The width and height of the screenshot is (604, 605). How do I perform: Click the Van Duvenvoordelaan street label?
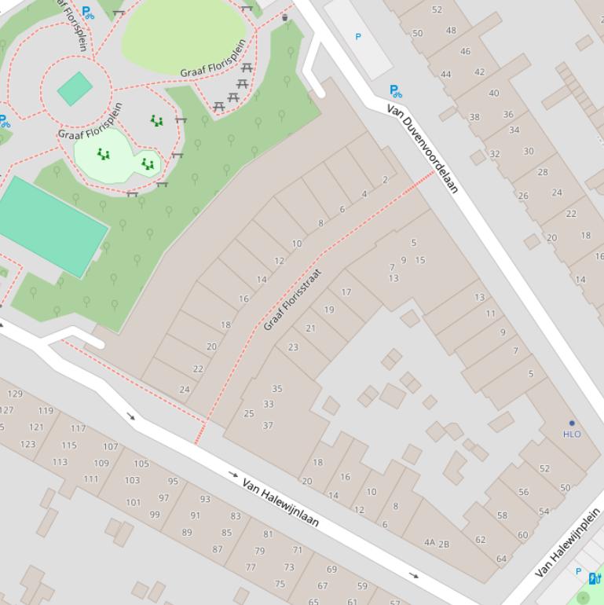pyautogui.click(x=423, y=149)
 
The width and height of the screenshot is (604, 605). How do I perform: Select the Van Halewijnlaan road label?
pyautogui.click(x=280, y=502)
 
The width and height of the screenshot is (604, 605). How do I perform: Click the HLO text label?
pyautogui.click(x=572, y=434)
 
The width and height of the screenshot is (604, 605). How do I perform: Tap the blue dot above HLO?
pyautogui.click(x=572, y=423)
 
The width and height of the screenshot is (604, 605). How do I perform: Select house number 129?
pyautogui.click(x=15, y=394)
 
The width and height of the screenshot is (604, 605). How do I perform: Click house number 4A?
pyautogui.click(x=430, y=542)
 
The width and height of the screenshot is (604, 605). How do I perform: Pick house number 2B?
pyautogui.click(x=444, y=544)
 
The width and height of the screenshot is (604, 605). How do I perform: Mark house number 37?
pyautogui.click(x=268, y=425)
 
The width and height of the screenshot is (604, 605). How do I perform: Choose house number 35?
pyautogui.click(x=276, y=388)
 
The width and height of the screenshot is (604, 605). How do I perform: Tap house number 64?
pyautogui.click(x=501, y=559)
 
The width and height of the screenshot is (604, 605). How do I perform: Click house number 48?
pyautogui.click(x=451, y=31)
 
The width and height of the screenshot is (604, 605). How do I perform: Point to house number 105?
pyautogui.click(x=141, y=464)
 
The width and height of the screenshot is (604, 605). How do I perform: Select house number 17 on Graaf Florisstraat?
pyautogui.click(x=346, y=292)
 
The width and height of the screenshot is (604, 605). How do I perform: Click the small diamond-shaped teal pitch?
pyautogui.click(x=75, y=89)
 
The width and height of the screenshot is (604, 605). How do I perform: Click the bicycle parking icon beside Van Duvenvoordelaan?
pyautogui.click(x=395, y=92)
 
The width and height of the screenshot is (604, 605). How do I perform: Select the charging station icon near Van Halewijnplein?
pyautogui.click(x=595, y=578)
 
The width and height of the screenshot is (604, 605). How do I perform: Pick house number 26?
pyautogui.click(x=523, y=196)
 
